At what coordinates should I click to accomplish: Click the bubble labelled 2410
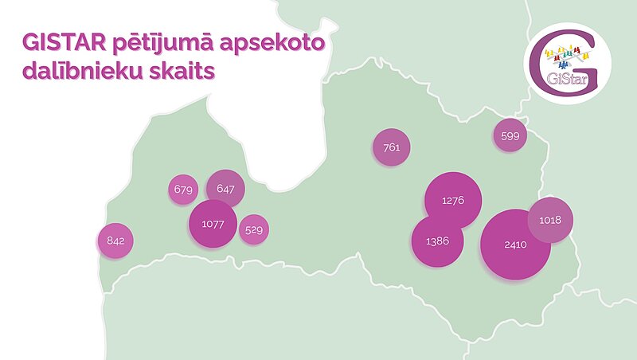pyautogui.click(x=515, y=245)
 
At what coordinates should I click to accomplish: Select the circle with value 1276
pyautogui.click(x=452, y=200)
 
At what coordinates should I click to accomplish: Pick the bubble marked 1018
pyautogui.click(x=550, y=220)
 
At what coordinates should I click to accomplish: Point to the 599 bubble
pyautogui.click(x=510, y=136)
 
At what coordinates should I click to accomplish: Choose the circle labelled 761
pyautogui.click(x=391, y=147)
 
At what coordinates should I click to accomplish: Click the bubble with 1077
pyautogui.click(x=213, y=225)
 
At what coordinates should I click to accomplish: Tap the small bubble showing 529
pyautogui.click(x=254, y=230)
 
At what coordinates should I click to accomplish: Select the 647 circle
pyautogui.click(x=225, y=190)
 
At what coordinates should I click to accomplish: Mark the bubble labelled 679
pyautogui.click(x=184, y=190)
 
